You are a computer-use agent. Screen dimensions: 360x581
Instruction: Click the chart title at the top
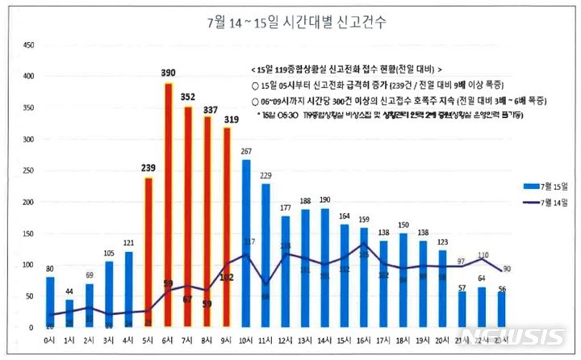coord(291,22)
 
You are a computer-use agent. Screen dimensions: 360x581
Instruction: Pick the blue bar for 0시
coord(50,302)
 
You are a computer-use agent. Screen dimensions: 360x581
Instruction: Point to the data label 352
coord(187,98)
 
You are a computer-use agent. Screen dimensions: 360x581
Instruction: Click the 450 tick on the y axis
coord(28,45)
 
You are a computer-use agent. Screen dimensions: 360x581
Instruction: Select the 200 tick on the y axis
coord(28,202)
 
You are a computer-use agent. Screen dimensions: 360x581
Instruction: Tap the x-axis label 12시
coord(286,341)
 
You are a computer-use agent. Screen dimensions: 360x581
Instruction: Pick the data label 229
coord(266,175)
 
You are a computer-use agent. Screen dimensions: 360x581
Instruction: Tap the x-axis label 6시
coord(168,341)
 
